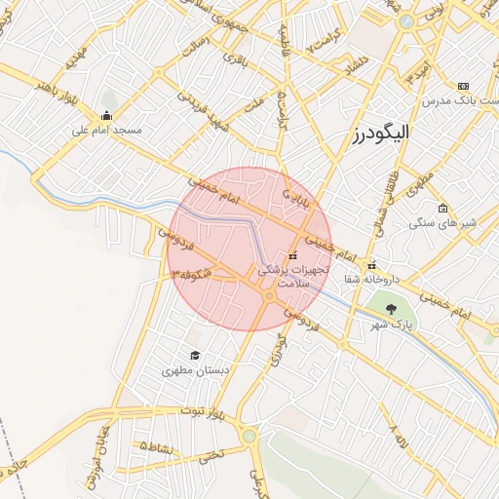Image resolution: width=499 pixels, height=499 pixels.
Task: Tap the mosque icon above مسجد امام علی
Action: [x=106, y=117]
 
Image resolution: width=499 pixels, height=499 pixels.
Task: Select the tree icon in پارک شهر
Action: [x=391, y=309]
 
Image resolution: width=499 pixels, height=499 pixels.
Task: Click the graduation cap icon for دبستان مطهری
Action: [x=195, y=356]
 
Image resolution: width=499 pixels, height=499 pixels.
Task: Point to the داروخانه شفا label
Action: [x=371, y=279]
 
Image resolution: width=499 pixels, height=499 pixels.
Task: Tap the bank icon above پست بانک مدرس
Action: [x=463, y=87]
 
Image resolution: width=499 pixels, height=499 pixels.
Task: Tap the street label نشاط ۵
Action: [x=157, y=447]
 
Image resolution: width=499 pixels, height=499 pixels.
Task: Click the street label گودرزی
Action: [x=280, y=350]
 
